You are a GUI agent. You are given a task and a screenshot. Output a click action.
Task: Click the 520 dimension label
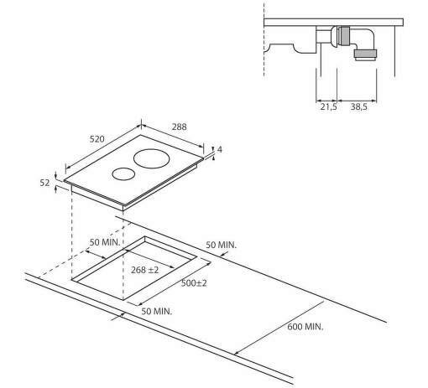(x=97, y=139)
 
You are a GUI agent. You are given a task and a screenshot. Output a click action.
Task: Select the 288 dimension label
(x=179, y=127)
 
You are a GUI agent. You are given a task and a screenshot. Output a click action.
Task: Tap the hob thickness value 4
(x=220, y=150)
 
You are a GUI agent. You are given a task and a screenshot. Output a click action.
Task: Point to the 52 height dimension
(x=44, y=183)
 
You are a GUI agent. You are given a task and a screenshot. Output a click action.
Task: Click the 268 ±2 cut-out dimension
(x=145, y=270)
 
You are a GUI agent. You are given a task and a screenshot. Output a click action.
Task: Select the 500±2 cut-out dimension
(x=194, y=283)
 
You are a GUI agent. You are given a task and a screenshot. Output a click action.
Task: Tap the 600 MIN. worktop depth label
(x=305, y=326)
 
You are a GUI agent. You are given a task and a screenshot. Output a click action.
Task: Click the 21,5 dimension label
(x=329, y=106)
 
